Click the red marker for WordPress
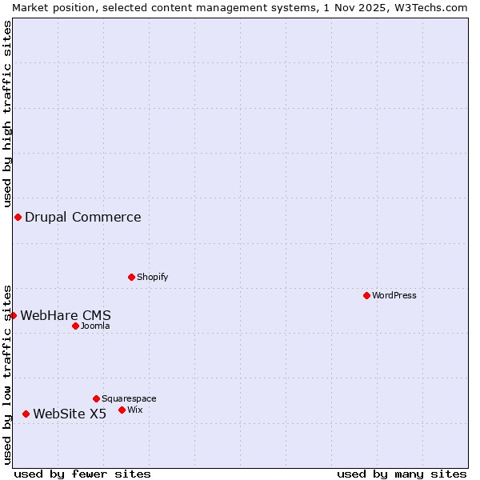click(x=367, y=295)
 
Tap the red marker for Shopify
click(x=132, y=277)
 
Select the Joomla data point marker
click(x=76, y=326)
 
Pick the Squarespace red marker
click(x=97, y=398)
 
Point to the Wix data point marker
click(x=122, y=410)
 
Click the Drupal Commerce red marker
click(x=18, y=217)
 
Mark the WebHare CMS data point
click(x=14, y=315)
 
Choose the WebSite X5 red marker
click(x=26, y=414)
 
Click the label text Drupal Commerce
click(x=83, y=217)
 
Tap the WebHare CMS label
click(x=66, y=315)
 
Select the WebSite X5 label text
click(x=70, y=414)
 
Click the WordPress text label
click(x=394, y=295)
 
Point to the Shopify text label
click(x=153, y=277)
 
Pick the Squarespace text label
click(x=129, y=398)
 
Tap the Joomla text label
click(x=95, y=326)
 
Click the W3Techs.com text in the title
click(x=430, y=7)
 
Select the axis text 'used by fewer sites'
click(x=82, y=474)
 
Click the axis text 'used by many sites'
click(x=402, y=474)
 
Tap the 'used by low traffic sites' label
click(x=8, y=374)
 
